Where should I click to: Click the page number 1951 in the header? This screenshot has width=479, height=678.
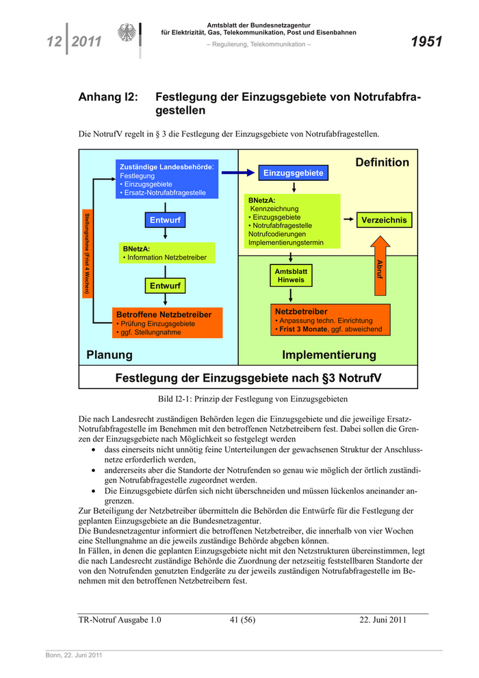(x=426, y=42)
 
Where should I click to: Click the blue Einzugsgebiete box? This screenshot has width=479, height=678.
(x=293, y=173)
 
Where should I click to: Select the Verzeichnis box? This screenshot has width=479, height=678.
(x=384, y=221)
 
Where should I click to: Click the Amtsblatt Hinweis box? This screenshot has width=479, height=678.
(x=291, y=276)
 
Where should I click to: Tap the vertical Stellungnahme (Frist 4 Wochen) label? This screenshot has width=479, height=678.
(x=87, y=253)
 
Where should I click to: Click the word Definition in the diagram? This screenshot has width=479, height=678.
(x=382, y=162)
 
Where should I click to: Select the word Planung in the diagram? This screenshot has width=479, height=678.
(x=109, y=355)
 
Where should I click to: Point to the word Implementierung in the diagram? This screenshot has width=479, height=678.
(x=329, y=355)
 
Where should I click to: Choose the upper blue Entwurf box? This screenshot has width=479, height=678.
(x=165, y=221)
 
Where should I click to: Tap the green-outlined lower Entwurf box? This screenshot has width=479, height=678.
(x=165, y=286)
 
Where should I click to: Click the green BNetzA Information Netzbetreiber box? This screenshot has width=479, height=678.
(x=166, y=253)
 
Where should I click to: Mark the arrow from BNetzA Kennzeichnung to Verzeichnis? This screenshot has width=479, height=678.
(x=348, y=221)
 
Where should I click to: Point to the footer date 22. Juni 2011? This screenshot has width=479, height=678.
(x=383, y=620)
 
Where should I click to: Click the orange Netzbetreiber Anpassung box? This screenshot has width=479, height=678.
(x=331, y=320)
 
